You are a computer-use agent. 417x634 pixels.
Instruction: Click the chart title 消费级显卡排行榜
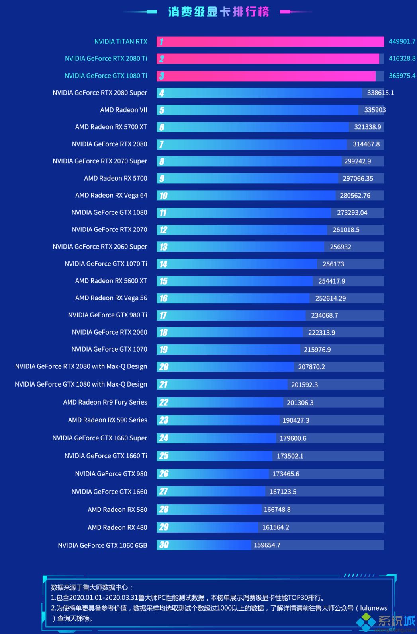(218, 12)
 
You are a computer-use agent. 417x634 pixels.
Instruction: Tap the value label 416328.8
(402, 58)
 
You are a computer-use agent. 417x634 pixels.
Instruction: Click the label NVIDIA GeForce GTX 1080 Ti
(106, 76)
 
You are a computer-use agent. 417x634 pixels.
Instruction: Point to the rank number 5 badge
(162, 110)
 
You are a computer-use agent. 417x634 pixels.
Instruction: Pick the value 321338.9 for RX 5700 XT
(367, 127)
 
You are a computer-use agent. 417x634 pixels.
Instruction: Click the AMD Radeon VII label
(123, 110)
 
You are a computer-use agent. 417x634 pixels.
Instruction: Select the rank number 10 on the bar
(163, 196)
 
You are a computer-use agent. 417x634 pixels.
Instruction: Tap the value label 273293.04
(352, 213)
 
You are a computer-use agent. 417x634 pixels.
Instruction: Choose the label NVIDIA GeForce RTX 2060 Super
(100, 247)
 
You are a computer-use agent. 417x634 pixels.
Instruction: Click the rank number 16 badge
(163, 298)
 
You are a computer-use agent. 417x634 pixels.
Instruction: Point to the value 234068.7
(324, 315)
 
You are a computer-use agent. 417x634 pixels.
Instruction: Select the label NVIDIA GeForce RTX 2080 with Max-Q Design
(81, 366)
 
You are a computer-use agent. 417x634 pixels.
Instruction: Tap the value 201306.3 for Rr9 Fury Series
(300, 403)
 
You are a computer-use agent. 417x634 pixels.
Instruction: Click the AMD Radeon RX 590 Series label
(108, 420)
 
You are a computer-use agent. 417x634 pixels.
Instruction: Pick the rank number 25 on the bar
(164, 456)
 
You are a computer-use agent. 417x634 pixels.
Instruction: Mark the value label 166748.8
(277, 510)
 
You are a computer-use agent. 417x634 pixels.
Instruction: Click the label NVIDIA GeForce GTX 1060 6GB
(102, 545)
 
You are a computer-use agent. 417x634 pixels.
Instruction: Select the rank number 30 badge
(164, 545)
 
